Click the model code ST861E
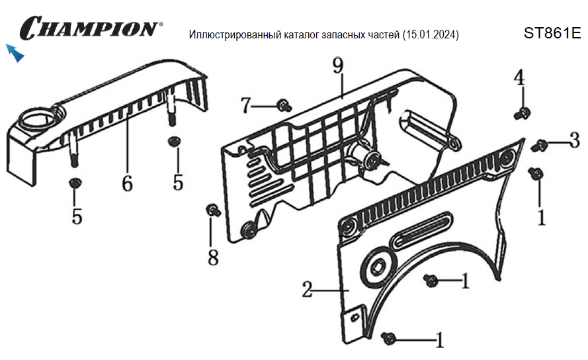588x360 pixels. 552,33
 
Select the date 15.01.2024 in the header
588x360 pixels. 431,34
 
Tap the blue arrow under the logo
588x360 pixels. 15,53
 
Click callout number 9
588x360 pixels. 338,66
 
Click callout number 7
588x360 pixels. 245,105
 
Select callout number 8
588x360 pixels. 213,257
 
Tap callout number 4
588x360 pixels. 519,77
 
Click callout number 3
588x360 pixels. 574,140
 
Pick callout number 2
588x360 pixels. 307,289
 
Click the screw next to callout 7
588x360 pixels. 284,105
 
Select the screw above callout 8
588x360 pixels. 213,210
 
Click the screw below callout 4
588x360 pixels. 521,114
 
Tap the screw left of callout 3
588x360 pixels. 540,144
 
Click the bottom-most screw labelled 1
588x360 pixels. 390,338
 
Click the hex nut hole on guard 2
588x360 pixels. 378,267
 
